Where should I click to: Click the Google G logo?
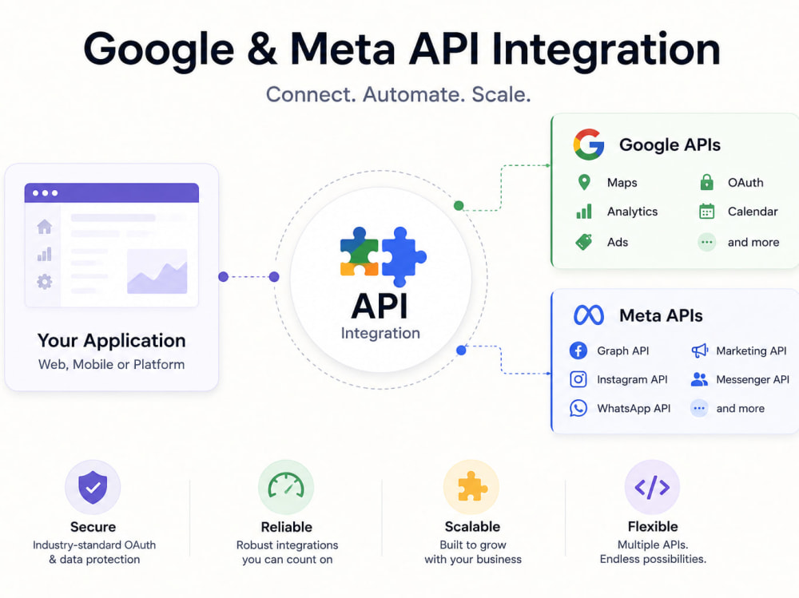click(x=589, y=145)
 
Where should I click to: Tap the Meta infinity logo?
click(x=589, y=315)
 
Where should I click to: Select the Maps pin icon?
click(x=585, y=182)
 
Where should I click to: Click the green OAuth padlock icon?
click(x=707, y=182)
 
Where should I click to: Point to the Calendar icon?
click(x=707, y=211)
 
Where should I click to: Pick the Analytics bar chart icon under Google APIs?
click(x=584, y=212)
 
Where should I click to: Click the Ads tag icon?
click(x=584, y=242)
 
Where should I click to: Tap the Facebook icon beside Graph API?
click(x=578, y=350)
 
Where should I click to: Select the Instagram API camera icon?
click(x=578, y=379)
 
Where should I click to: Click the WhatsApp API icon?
click(x=578, y=408)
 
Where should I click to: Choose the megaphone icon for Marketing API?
click(x=700, y=350)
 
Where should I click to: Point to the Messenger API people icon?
click(x=699, y=379)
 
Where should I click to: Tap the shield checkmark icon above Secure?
click(x=93, y=487)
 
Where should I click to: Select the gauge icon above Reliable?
click(x=286, y=485)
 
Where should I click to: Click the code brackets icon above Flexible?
click(x=652, y=487)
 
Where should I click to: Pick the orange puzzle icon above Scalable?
click(x=472, y=486)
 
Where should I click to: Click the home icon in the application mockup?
click(x=44, y=226)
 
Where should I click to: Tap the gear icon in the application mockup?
click(x=44, y=281)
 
